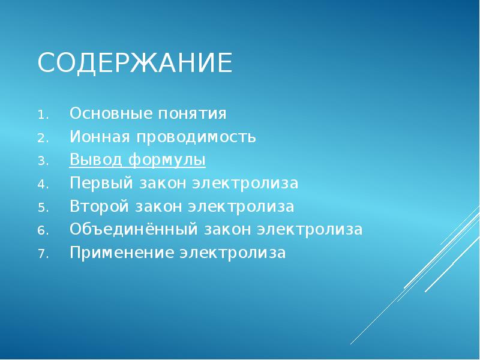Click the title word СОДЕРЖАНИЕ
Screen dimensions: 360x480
tap(135, 63)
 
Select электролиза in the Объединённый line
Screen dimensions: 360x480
tap(310, 230)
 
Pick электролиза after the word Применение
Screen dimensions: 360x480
tap(233, 253)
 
